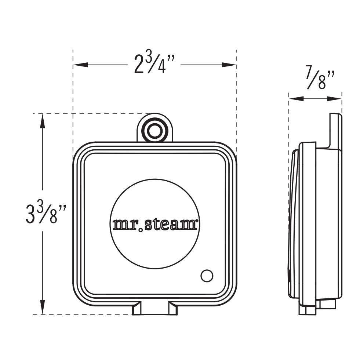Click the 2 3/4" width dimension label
pyautogui.click(x=154, y=65)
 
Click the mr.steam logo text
pyautogui.click(x=154, y=224)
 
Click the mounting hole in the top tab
pyautogui.click(x=154, y=130)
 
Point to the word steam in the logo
pyautogui.click(x=171, y=224)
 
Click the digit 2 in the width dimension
pyautogui.click(x=138, y=65)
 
